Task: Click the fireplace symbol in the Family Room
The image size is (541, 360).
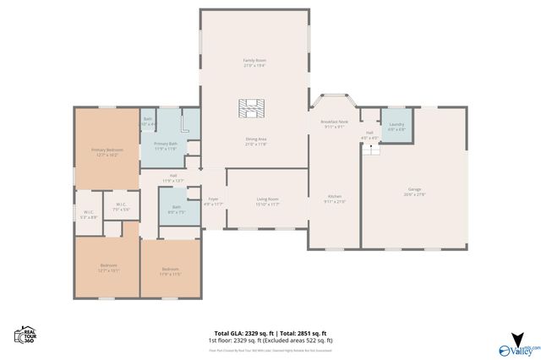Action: coord(251,109)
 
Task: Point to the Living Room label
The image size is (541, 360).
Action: coord(267,201)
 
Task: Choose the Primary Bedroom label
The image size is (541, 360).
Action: coord(107,152)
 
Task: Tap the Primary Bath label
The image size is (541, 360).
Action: coord(165,145)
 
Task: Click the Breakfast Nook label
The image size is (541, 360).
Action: coord(333,124)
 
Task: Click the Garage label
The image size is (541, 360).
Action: coord(414,191)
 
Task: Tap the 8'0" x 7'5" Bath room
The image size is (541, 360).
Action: coord(176,208)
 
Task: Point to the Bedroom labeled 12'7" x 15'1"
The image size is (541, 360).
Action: coord(107,268)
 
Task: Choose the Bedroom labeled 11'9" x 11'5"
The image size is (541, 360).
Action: coord(171,270)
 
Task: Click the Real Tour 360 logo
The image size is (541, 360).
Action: coord(24,335)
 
